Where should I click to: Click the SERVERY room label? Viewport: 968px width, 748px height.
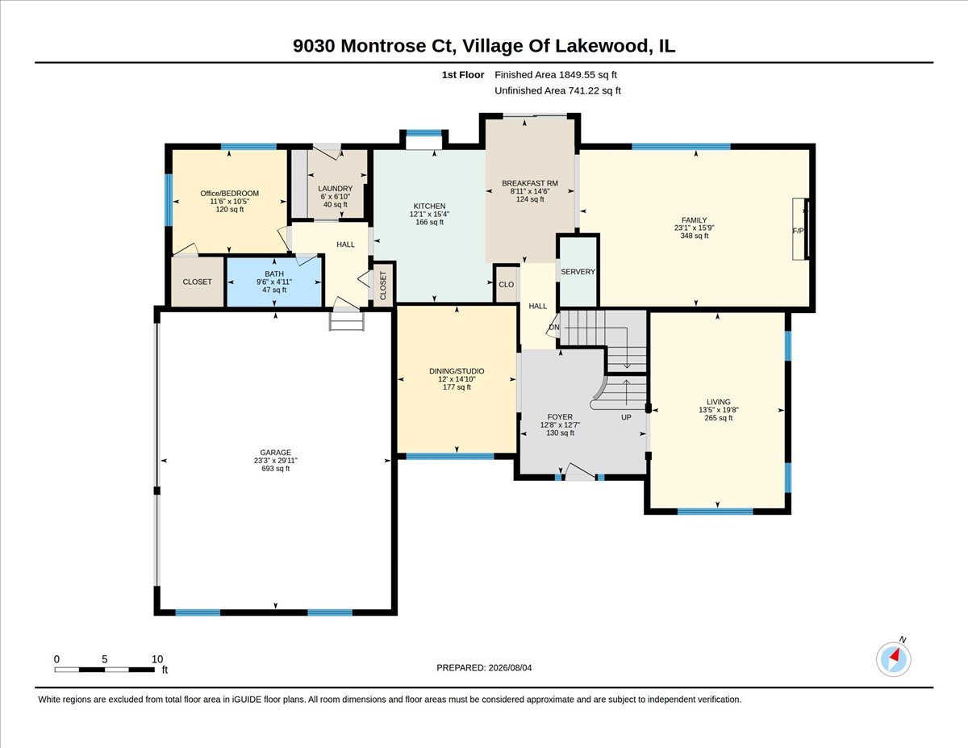pos(578,272)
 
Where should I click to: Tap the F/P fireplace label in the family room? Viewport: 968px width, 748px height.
pos(798,231)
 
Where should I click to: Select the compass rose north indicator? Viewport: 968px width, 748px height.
pos(893,659)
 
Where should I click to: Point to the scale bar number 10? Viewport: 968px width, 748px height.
pos(156,659)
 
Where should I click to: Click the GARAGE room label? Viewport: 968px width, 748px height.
pos(275,452)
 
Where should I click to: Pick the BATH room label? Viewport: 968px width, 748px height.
pos(274,274)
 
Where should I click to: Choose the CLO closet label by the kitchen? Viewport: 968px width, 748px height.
pos(506,284)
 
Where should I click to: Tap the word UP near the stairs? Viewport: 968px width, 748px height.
pos(626,417)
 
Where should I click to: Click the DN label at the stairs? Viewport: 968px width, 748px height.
pos(553,327)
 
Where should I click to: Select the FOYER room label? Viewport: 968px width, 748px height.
pos(560,417)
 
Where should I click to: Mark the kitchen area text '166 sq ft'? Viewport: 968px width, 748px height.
pos(429,222)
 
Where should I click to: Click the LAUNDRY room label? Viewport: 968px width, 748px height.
pos(335,189)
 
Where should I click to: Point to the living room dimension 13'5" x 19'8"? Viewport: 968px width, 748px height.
pos(719,410)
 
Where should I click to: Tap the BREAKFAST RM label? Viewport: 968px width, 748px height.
pos(530,183)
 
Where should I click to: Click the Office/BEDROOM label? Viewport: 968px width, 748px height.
pos(229,194)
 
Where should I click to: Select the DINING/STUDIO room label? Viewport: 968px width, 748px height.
pos(457,371)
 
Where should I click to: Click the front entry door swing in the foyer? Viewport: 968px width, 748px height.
pos(580,471)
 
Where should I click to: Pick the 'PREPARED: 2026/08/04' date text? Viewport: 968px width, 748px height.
pos(484,668)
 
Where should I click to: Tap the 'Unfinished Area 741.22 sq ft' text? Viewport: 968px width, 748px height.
pos(557,91)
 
